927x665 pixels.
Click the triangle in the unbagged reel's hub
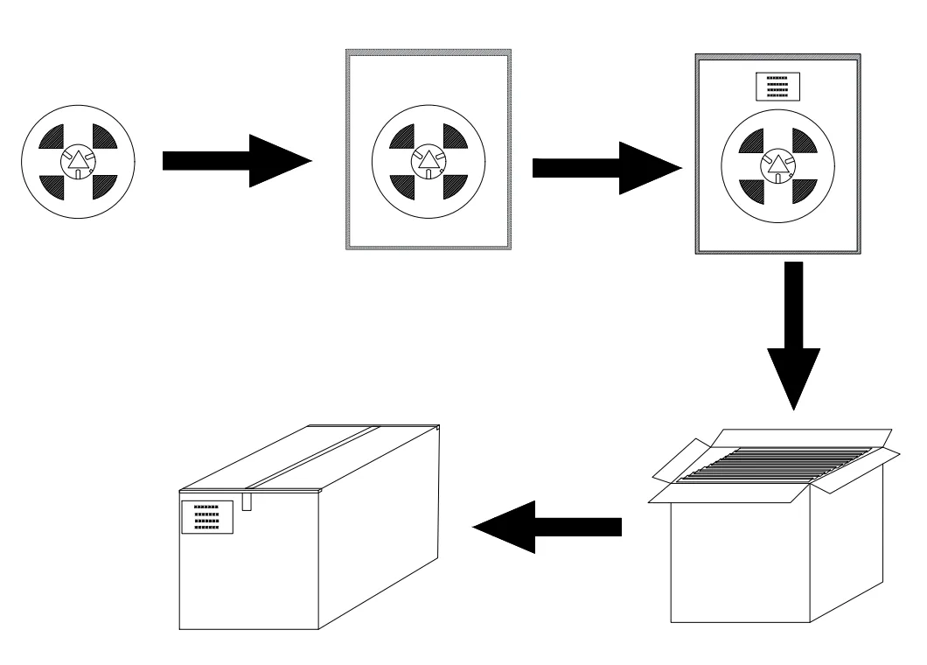[79, 160]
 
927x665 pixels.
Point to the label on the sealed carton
[206, 517]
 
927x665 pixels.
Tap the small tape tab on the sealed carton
[247, 500]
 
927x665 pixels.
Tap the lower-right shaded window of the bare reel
[102, 185]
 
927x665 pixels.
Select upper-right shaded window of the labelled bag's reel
[802, 140]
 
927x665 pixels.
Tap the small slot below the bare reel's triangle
[79, 174]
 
